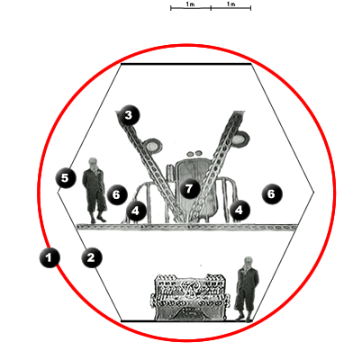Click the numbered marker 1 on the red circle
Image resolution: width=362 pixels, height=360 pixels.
pos(50,257)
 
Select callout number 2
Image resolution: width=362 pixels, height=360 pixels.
pos(92,257)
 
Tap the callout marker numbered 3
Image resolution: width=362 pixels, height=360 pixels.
pos(129,115)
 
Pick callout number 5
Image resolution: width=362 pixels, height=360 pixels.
pos(66,178)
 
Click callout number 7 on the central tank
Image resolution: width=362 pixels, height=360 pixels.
pos(189,189)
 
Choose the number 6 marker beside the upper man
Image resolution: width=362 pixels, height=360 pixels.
pos(117,194)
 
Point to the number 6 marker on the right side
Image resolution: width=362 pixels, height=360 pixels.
pos(272,193)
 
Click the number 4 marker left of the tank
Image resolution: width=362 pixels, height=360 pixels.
pos(136,211)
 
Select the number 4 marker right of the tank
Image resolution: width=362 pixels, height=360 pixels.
pos(240,210)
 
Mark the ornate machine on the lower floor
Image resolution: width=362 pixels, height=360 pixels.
pos(190,297)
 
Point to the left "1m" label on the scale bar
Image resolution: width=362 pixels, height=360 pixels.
pos(190,4)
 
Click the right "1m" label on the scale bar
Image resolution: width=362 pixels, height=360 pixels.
pos(231,4)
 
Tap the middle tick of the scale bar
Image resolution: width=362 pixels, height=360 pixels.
pos(211,8)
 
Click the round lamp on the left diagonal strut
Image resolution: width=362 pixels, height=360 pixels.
pos(152,146)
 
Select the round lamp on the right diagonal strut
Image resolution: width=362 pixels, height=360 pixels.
pos(240,139)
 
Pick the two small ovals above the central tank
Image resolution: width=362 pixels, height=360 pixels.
pos(195,154)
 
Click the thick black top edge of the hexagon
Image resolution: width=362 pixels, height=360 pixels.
pos(186,64)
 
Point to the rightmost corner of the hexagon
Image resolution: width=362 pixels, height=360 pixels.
pos(314,192)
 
